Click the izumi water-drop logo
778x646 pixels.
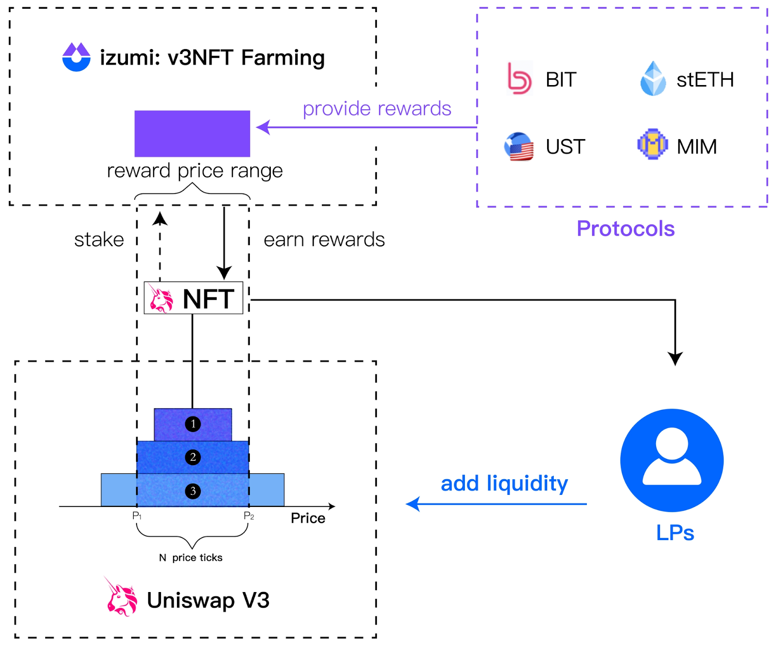click(x=76, y=57)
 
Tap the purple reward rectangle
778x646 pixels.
click(x=192, y=134)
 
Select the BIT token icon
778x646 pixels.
click(x=519, y=78)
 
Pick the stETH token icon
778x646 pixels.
click(x=653, y=78)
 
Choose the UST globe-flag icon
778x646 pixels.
click(x=519, y=146)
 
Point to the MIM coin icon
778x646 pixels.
click(x=652, y=144)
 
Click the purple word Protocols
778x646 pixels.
click(x=625, y=228)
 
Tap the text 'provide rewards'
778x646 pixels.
click(x=377, y=109)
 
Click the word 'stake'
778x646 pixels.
click(x=99, y=240)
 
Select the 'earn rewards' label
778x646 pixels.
click(x=324, y=240)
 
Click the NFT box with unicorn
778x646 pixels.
click(x=194, y=298)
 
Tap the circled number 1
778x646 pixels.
click(x=193, y=424)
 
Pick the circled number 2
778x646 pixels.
click(x=193, y=457)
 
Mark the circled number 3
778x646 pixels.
click(x=193, y=491)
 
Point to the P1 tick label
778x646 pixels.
click(x=137, y=516)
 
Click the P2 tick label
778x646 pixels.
click(x=248, y=516)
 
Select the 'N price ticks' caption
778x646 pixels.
click(x=191, y=558)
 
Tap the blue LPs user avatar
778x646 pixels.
click(x=672, y=460)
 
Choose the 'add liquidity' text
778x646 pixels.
click(x=504, y=483)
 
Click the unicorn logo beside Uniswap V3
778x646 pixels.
click(x=121, y=597)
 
